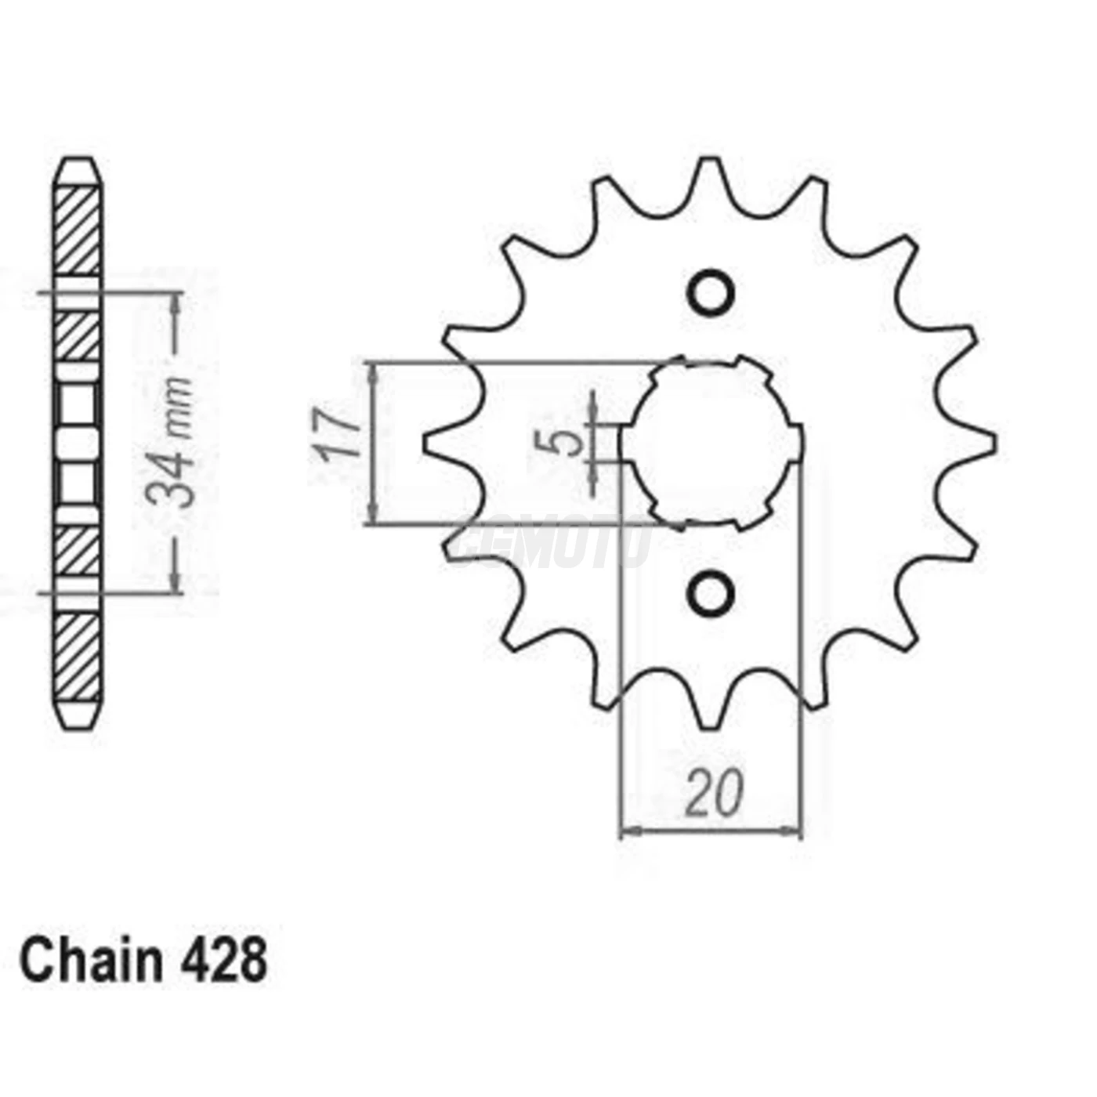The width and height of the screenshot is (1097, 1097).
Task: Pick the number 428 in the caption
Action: pyautogui.click(x=223, y=961)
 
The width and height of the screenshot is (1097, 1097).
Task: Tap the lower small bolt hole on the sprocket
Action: pyautogui.click(x=711, y=594)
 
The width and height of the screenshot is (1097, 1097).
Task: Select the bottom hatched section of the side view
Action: pyautogui.click(x=78, y=658)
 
